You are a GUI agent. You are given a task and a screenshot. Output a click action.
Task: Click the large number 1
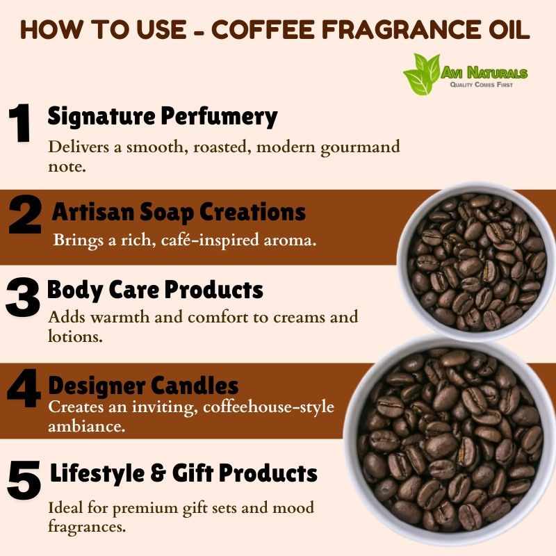20,123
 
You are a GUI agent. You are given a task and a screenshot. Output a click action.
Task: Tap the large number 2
25,214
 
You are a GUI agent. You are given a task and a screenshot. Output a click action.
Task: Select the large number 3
22,297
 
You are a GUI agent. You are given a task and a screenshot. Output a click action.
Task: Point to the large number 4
24,388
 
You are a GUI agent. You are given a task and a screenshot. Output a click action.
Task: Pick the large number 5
24,480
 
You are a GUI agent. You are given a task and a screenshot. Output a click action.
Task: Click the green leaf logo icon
422,74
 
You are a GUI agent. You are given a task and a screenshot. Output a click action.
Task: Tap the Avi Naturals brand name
484,73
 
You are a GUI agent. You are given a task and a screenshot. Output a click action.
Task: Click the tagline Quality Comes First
481,85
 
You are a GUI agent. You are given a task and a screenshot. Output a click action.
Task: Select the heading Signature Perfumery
163,117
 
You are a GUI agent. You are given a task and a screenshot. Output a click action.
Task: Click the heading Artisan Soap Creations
179,212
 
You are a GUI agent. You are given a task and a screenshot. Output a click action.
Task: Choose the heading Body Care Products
155,290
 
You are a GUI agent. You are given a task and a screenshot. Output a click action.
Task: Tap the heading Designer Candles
143,386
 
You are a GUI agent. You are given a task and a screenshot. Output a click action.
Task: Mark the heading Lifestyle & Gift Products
183,473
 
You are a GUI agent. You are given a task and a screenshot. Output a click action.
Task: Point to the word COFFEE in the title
263,29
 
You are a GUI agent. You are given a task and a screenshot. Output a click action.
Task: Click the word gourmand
360,147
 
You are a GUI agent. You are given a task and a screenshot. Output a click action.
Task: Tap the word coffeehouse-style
268,407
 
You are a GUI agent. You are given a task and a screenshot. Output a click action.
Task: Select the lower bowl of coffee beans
450,441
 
